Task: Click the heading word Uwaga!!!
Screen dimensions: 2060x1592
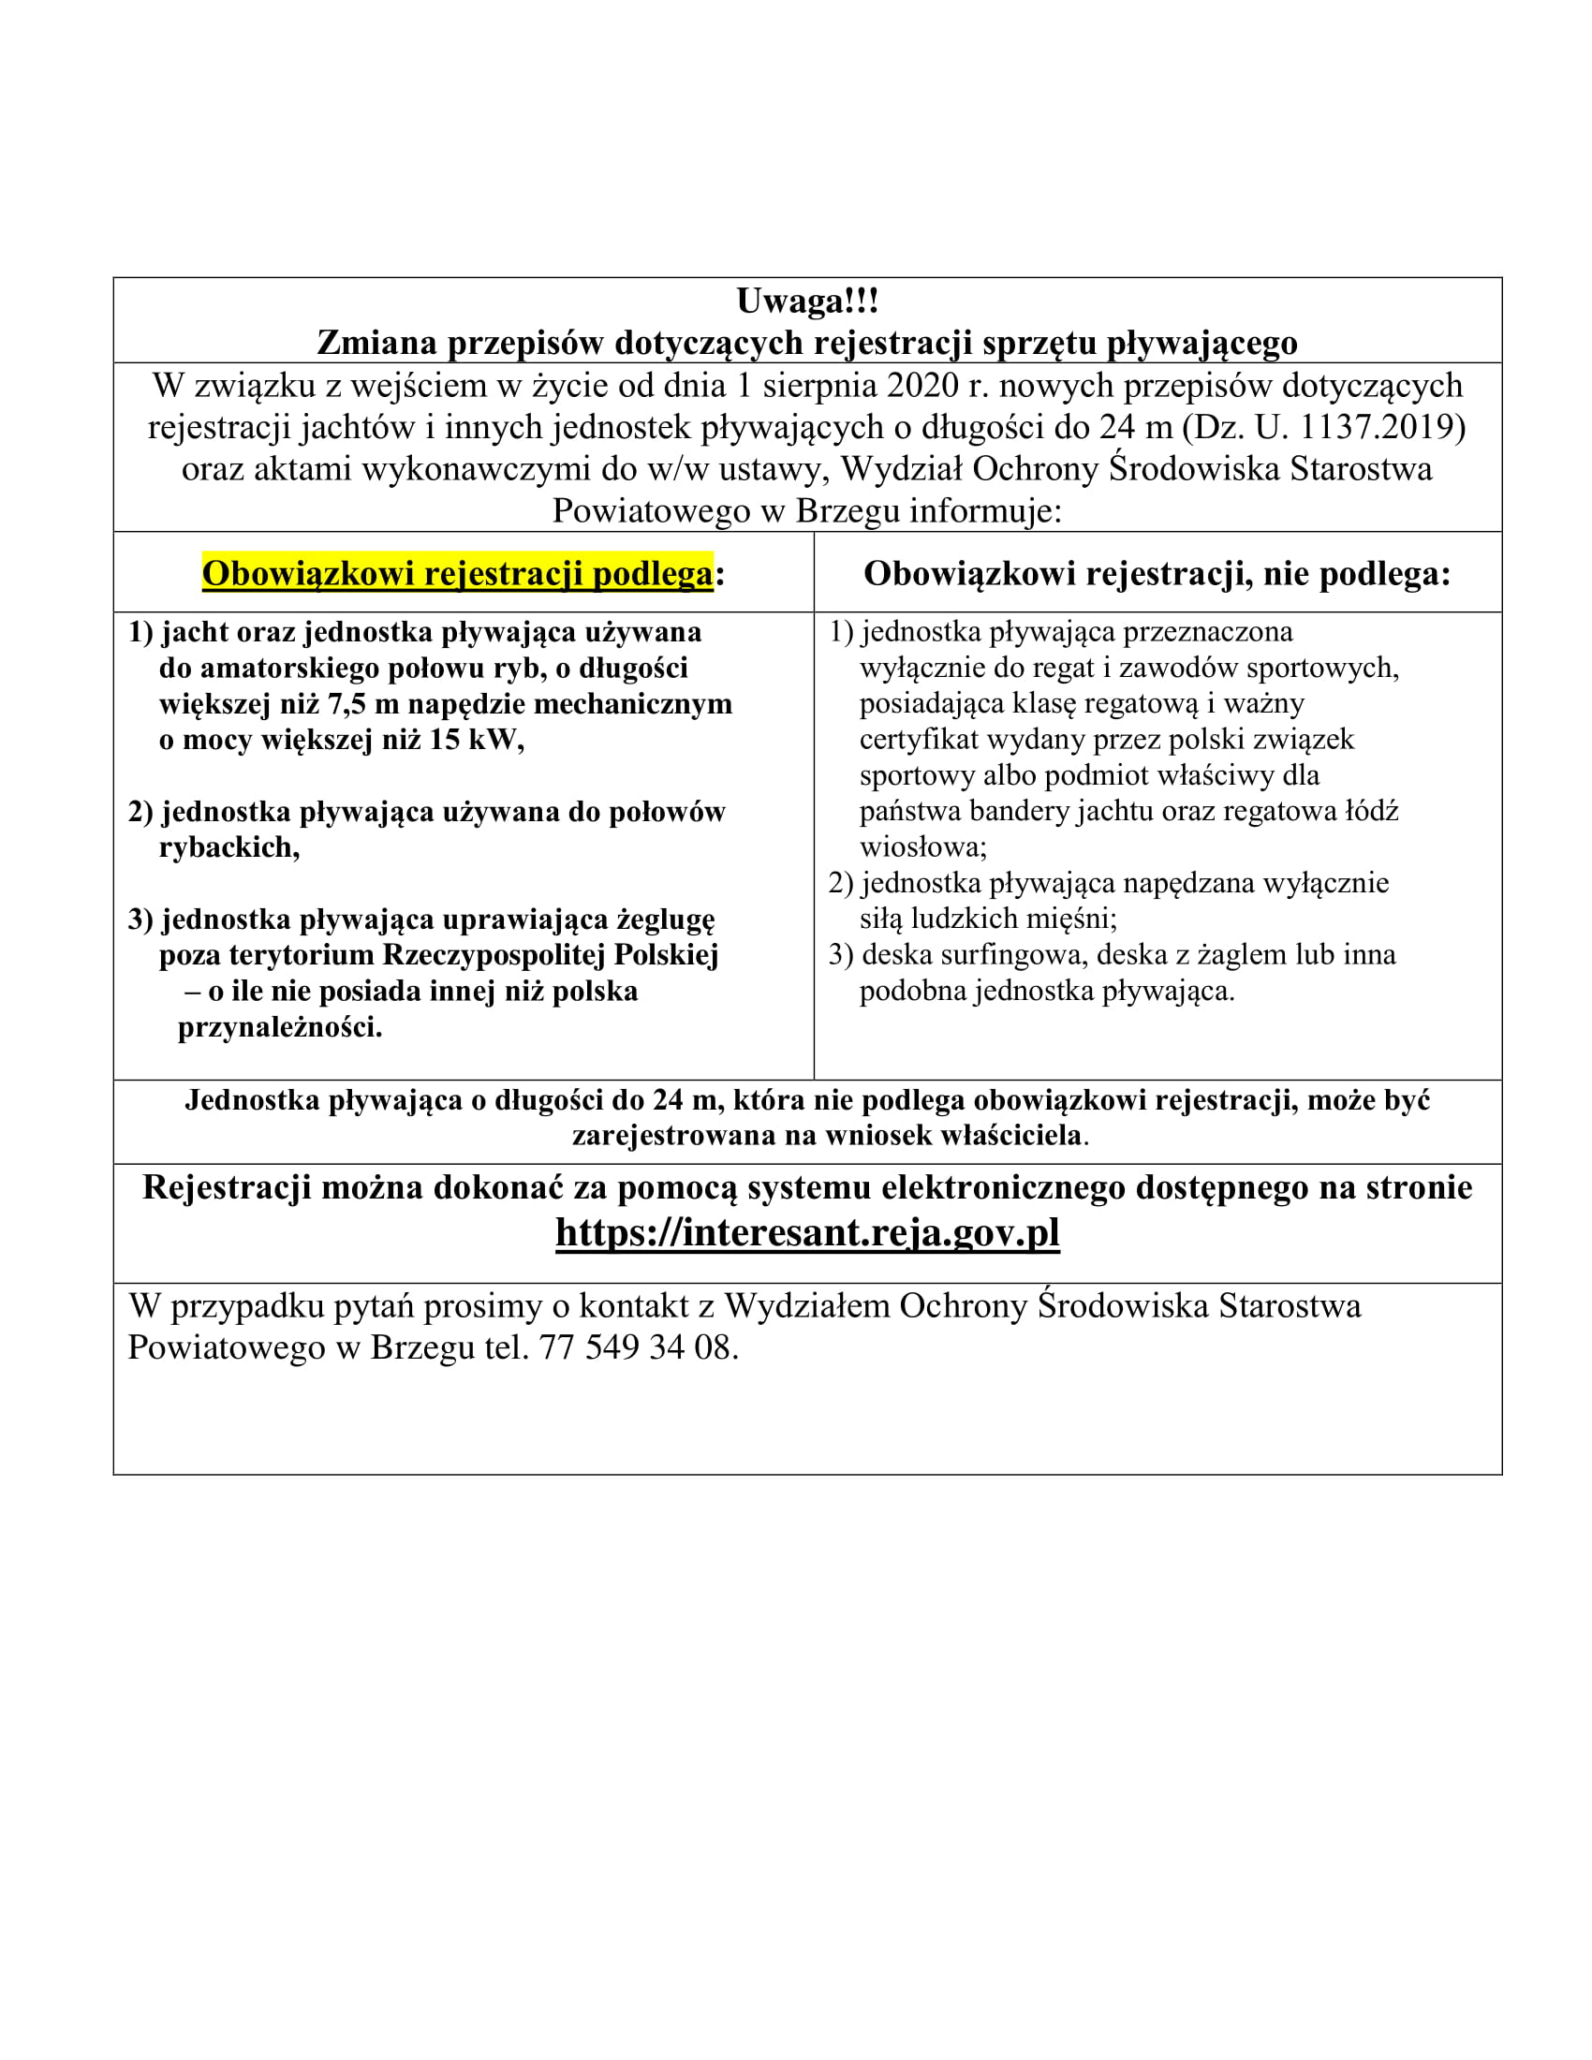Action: click(x=806, y=302)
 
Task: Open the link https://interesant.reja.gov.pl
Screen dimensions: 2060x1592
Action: click(x=807, y=1232)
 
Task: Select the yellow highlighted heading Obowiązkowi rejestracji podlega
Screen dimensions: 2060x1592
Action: click(x=457, y=573)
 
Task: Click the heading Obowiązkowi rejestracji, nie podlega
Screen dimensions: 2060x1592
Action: click(x=1157, y=573)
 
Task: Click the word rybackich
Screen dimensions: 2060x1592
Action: click(x=228, y=848)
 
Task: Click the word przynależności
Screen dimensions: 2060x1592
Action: click(x=279, y=1027)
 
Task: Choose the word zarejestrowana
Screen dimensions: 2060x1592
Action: click(x=671, y=1135)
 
